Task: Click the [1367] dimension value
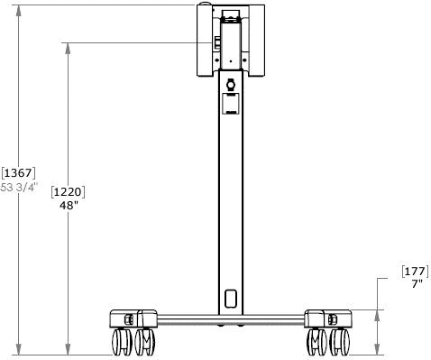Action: coord(18,173)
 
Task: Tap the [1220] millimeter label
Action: coord(68,192)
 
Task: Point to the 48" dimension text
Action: coord(69,206)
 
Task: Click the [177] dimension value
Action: coord(415,272)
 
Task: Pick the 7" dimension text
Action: coord(417,283)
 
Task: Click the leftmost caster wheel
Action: coord(122,342)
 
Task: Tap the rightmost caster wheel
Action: coord(340,342)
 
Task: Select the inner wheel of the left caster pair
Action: coord(145,342)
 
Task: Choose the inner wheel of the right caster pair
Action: coord(316,342)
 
